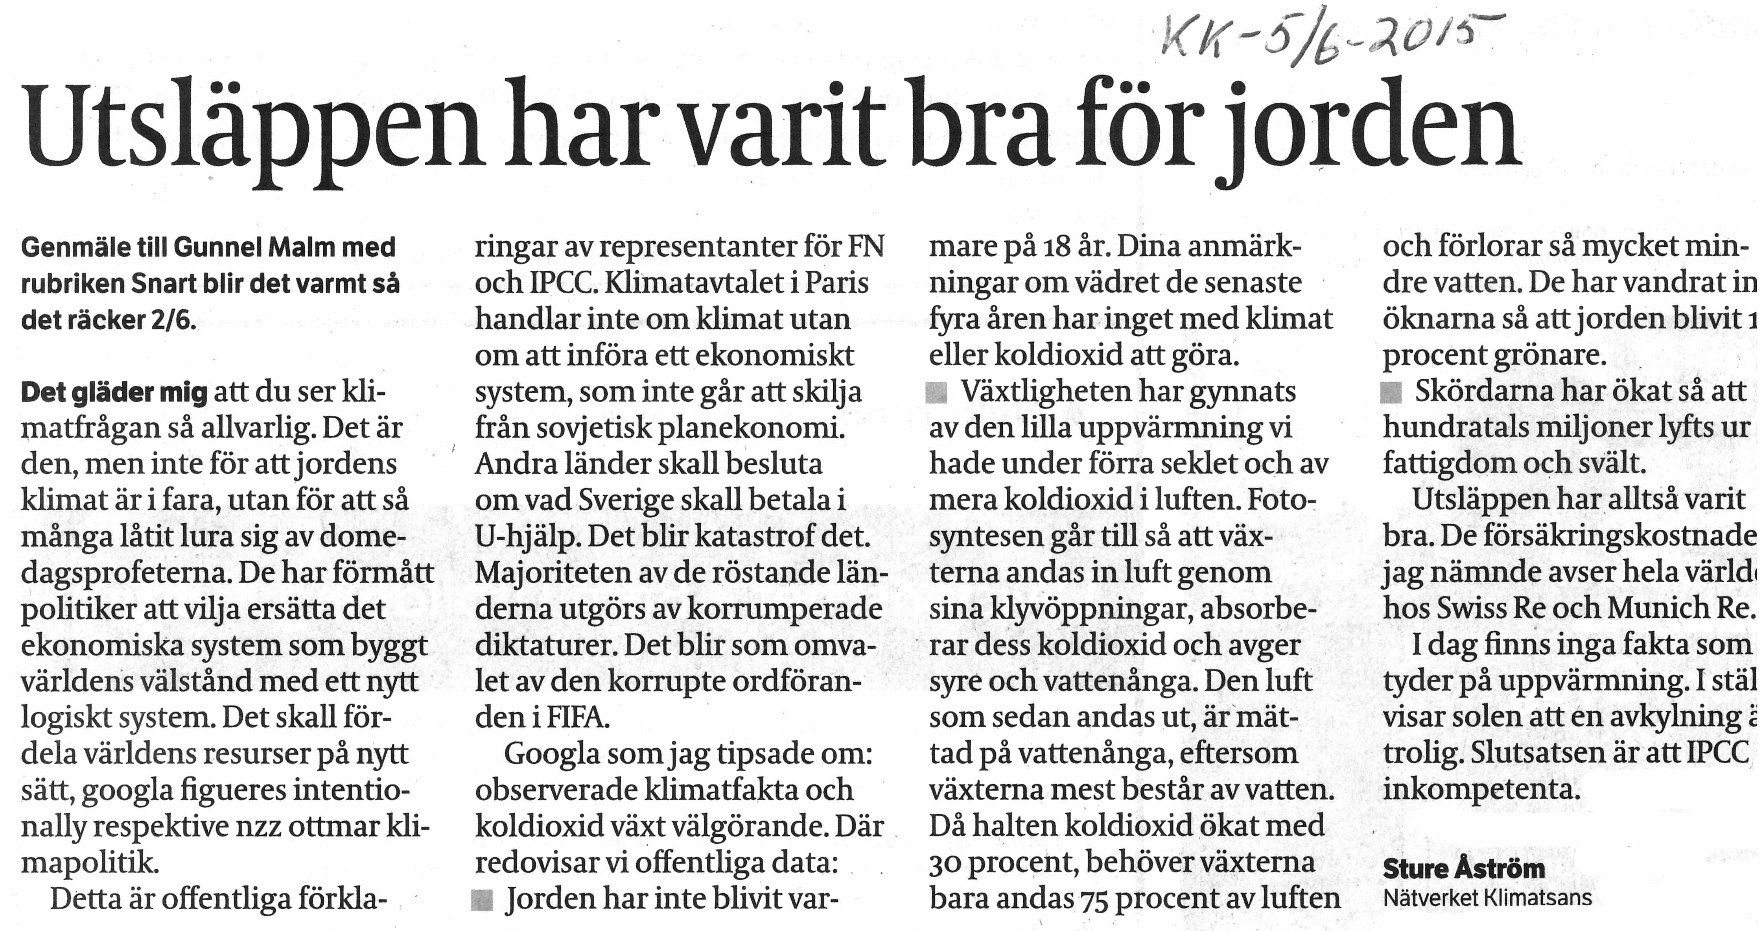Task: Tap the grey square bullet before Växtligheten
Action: point(936,392)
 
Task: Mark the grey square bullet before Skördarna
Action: point(1391,392)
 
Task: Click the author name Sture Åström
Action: point(1464,869)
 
